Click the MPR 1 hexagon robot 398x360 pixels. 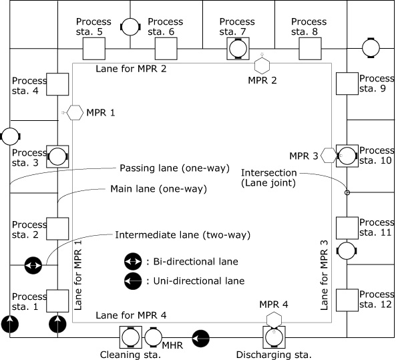(x=75, y=112)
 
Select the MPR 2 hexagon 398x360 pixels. (x=262, y=65)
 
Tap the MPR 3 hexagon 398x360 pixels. (x=329, y=156)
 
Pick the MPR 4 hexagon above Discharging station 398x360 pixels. (x=274, y=320)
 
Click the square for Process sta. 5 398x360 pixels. (x=94, y=49)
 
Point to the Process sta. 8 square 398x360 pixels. (x=310, y=49)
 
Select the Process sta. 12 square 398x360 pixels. (x=347, y=301)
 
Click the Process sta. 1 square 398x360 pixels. (x=57, y=301)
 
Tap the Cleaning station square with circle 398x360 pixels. (x=131, y=337)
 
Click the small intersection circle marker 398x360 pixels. (x=347, y=193)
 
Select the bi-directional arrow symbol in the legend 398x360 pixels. (x=133, y=262)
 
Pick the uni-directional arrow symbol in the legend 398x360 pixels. (x=133, y=281)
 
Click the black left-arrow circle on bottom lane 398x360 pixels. (x=201, y=339)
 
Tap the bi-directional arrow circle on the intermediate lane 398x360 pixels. (x=33, y=266)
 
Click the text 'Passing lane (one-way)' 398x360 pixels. (x=175, y=168)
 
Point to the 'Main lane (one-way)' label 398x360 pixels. (x=159, y=189)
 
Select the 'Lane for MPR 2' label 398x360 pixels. (x=131, y=69)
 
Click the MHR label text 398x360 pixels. (x=172, y=345)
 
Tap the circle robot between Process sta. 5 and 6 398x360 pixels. (x=130, y=27)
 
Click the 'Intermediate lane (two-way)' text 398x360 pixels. (x=183, y=235)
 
